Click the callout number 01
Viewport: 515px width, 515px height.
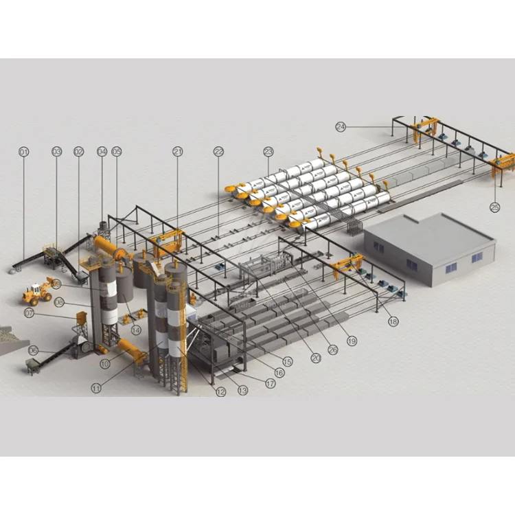point(24,151)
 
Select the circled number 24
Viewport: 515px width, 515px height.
point(341,126)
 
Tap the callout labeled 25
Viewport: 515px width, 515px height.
point(495,205)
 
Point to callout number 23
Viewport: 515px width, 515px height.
point(268,151)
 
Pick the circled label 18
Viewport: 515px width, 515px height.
point(393,321)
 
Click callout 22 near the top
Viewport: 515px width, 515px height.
point(219,151)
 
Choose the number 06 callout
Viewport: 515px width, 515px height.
point(32,350)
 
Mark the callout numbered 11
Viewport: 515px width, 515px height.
point(96,388)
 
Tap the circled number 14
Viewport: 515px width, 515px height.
point(136,330)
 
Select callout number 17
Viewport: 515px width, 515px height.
point(271,384)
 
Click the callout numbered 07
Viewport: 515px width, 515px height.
point(29,312)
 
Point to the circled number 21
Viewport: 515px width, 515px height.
point(178,151)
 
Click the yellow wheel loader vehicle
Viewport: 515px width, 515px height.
point(38,291)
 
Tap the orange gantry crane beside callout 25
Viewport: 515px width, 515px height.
point(503,164)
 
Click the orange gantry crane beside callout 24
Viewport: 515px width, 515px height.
point(425,129)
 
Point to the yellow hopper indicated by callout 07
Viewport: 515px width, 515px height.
point(82,320)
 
